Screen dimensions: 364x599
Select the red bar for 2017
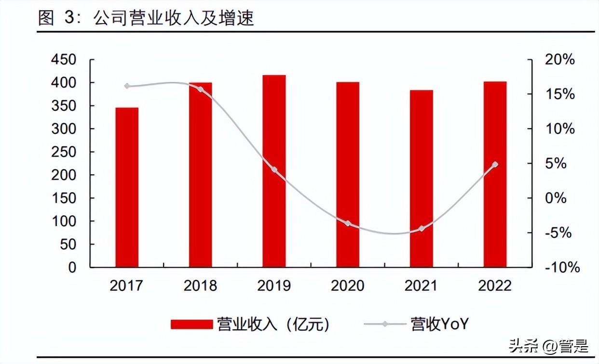pyautogui.click(x=127, y=187)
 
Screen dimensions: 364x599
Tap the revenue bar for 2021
pyautogui.click(x=421, y=179)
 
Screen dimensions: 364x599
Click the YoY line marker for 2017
pyautogui.click(x=127, y=86)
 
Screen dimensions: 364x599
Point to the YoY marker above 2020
pyautogui.click(x=348, y=223)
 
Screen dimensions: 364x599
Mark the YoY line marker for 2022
pyautogui.click(x=495, y=165)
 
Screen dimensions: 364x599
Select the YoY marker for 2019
pyautogui.click(x=274, y=169)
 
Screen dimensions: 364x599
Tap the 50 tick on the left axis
pyautogui.click(x=69, y=245)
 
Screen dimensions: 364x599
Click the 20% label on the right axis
pyautogui.click(x=559, y=60)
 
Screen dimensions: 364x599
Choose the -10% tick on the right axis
pyautogui.click(x=562, y=268)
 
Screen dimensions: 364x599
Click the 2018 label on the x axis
pyautogui.click(x=200, y=286)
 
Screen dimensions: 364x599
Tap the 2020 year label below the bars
pyautogui.click(x=348, y=286)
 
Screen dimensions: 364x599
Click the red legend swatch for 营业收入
pyautogui.click(x=191, y=325)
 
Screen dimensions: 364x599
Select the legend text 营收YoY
pyautogui.click(x=439, y=324)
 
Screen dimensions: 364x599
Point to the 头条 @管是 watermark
pyautogui.click(x=548, y=346)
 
